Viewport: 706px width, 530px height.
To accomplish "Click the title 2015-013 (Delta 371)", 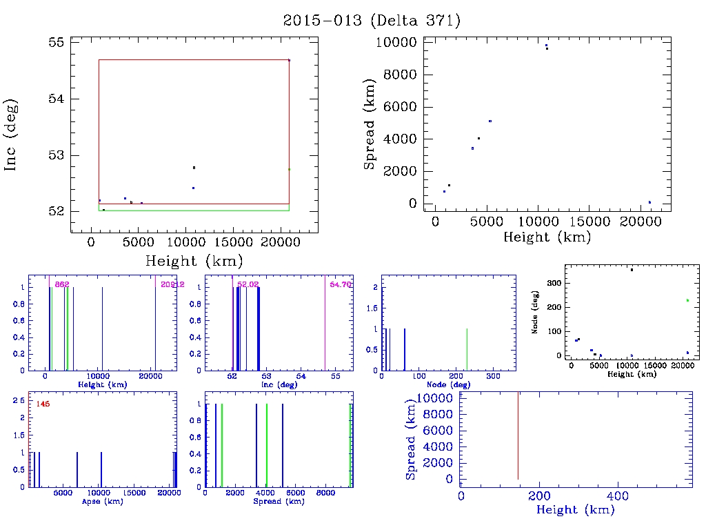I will click(372, 21).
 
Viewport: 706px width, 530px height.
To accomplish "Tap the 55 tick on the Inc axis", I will click(56, 42).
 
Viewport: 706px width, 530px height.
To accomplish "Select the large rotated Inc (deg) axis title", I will click(12, 135).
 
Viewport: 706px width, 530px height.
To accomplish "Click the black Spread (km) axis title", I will click(370, 122).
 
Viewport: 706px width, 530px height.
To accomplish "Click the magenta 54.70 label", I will click(341, 284).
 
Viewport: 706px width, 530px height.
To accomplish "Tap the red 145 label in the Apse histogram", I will click(42, 404).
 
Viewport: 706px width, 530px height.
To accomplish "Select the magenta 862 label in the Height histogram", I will click(62, 284).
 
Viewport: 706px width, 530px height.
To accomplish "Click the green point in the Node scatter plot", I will click(687, 300).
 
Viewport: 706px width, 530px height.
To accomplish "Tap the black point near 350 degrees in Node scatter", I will click(632, 270).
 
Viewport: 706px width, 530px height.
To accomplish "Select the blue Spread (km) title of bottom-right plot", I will click(411, 438).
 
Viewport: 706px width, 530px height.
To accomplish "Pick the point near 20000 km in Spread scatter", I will click(649, 202).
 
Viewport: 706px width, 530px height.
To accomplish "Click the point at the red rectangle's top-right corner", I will click(289, 60).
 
